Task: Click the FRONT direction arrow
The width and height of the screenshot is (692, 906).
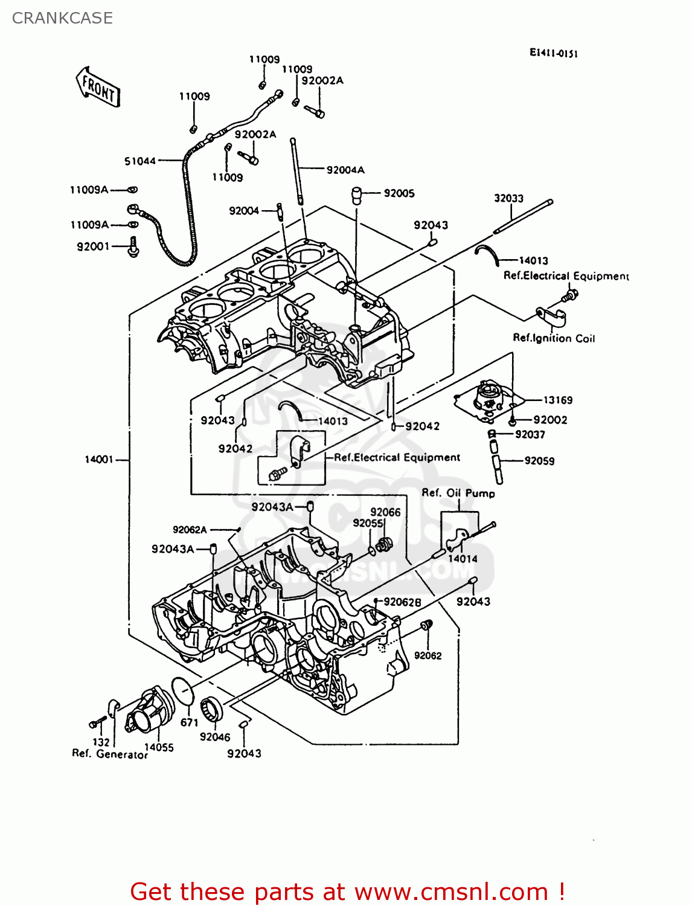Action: (98, 88)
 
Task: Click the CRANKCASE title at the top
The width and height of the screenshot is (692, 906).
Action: (62, 18)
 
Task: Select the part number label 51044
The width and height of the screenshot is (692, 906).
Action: (140, 161)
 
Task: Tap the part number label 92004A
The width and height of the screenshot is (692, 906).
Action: (345, 170)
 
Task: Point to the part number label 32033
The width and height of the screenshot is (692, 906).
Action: (508, 199)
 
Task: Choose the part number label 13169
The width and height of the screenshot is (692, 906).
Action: (557, 400)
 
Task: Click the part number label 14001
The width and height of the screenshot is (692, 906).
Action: (99, 460)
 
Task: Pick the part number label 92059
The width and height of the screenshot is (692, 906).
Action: (539, 461)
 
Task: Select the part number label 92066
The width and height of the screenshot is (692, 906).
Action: (385, 512)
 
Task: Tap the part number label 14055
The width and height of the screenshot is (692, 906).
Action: (159, 747)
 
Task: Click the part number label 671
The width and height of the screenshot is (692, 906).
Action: (190, 722)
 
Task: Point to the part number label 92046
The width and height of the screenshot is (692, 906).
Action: (215, 737)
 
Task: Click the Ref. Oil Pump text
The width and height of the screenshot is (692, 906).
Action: (458, 493)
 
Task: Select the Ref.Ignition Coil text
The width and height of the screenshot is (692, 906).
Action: (554, 338)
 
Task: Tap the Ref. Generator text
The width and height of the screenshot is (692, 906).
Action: (110, 754)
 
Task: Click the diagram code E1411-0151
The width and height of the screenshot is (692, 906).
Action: (554, 53)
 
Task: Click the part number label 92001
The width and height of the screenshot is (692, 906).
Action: (93, 246)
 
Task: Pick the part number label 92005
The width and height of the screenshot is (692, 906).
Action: (399, 193)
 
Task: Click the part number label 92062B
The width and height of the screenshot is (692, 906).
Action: (402, 602)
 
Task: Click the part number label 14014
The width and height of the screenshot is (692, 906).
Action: (463, 559)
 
